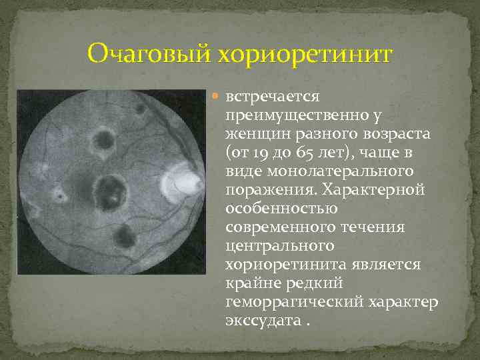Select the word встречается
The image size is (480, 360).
pos(274,98)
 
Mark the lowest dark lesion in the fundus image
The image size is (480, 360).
pos(123,234)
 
